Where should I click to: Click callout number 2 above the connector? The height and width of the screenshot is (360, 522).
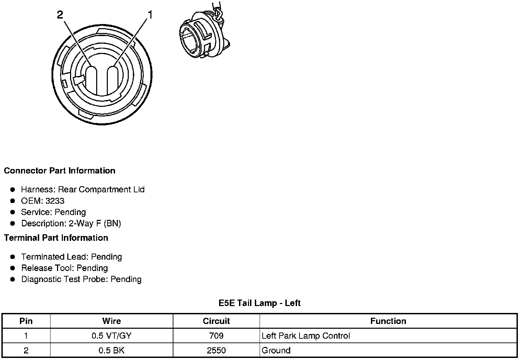coord(60,15)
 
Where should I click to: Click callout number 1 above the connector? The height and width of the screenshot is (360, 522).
coord(150,15)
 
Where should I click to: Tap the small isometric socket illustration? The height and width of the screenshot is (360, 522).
coord(204,32)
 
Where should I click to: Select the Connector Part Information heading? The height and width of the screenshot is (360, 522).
coord(60,171)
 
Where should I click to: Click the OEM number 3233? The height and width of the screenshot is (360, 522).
coord(55,201)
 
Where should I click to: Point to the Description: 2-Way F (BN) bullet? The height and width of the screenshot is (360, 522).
coord(71,223)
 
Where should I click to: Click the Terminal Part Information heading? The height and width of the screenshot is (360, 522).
coord(56,238)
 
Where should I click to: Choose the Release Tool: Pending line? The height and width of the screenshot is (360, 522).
coord(65,268)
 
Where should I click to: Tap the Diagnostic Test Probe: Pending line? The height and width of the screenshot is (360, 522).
coord(81,279)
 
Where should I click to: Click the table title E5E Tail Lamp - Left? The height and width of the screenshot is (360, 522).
coord(260,303)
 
